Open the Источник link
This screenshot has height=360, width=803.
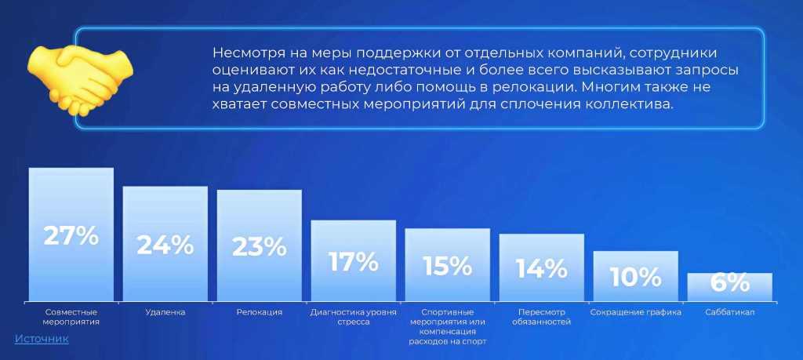pyautogui.click(x=42, y=339)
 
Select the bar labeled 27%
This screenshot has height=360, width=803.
pyautogui.click(x=71, y=235)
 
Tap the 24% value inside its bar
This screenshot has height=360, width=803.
pyautogui.click(x=165, y=245)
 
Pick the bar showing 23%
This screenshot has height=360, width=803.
pyautogui.click(x=260, y=245)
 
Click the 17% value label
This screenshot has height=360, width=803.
pyautogui.click(x=354, y=262)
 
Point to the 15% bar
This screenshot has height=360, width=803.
pyautogui.click(x=448, y=265)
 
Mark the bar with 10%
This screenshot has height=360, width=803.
pyautogui.click(x=636, y=276)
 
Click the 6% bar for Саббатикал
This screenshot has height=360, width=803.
pyautogui.click(x=730, y=287)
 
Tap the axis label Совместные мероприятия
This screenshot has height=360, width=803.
pyautogui.click(x=71, y=317)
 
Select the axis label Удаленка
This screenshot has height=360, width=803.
pyautogui.click(x=165, y=312)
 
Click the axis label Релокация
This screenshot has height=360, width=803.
pyautogui.click(x=260, y=312)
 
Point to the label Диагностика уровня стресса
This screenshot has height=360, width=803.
pyautogui.click(x=354, y=317)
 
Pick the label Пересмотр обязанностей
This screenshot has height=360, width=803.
pyautogui.click(x=542, y=317)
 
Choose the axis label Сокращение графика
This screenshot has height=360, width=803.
pyautogui.click(x=636, y=312)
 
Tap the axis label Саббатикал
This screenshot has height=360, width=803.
pyautogui.click(x=730, y=312)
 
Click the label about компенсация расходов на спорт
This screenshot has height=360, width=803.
pyautogui.click(x=448, y=327)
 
